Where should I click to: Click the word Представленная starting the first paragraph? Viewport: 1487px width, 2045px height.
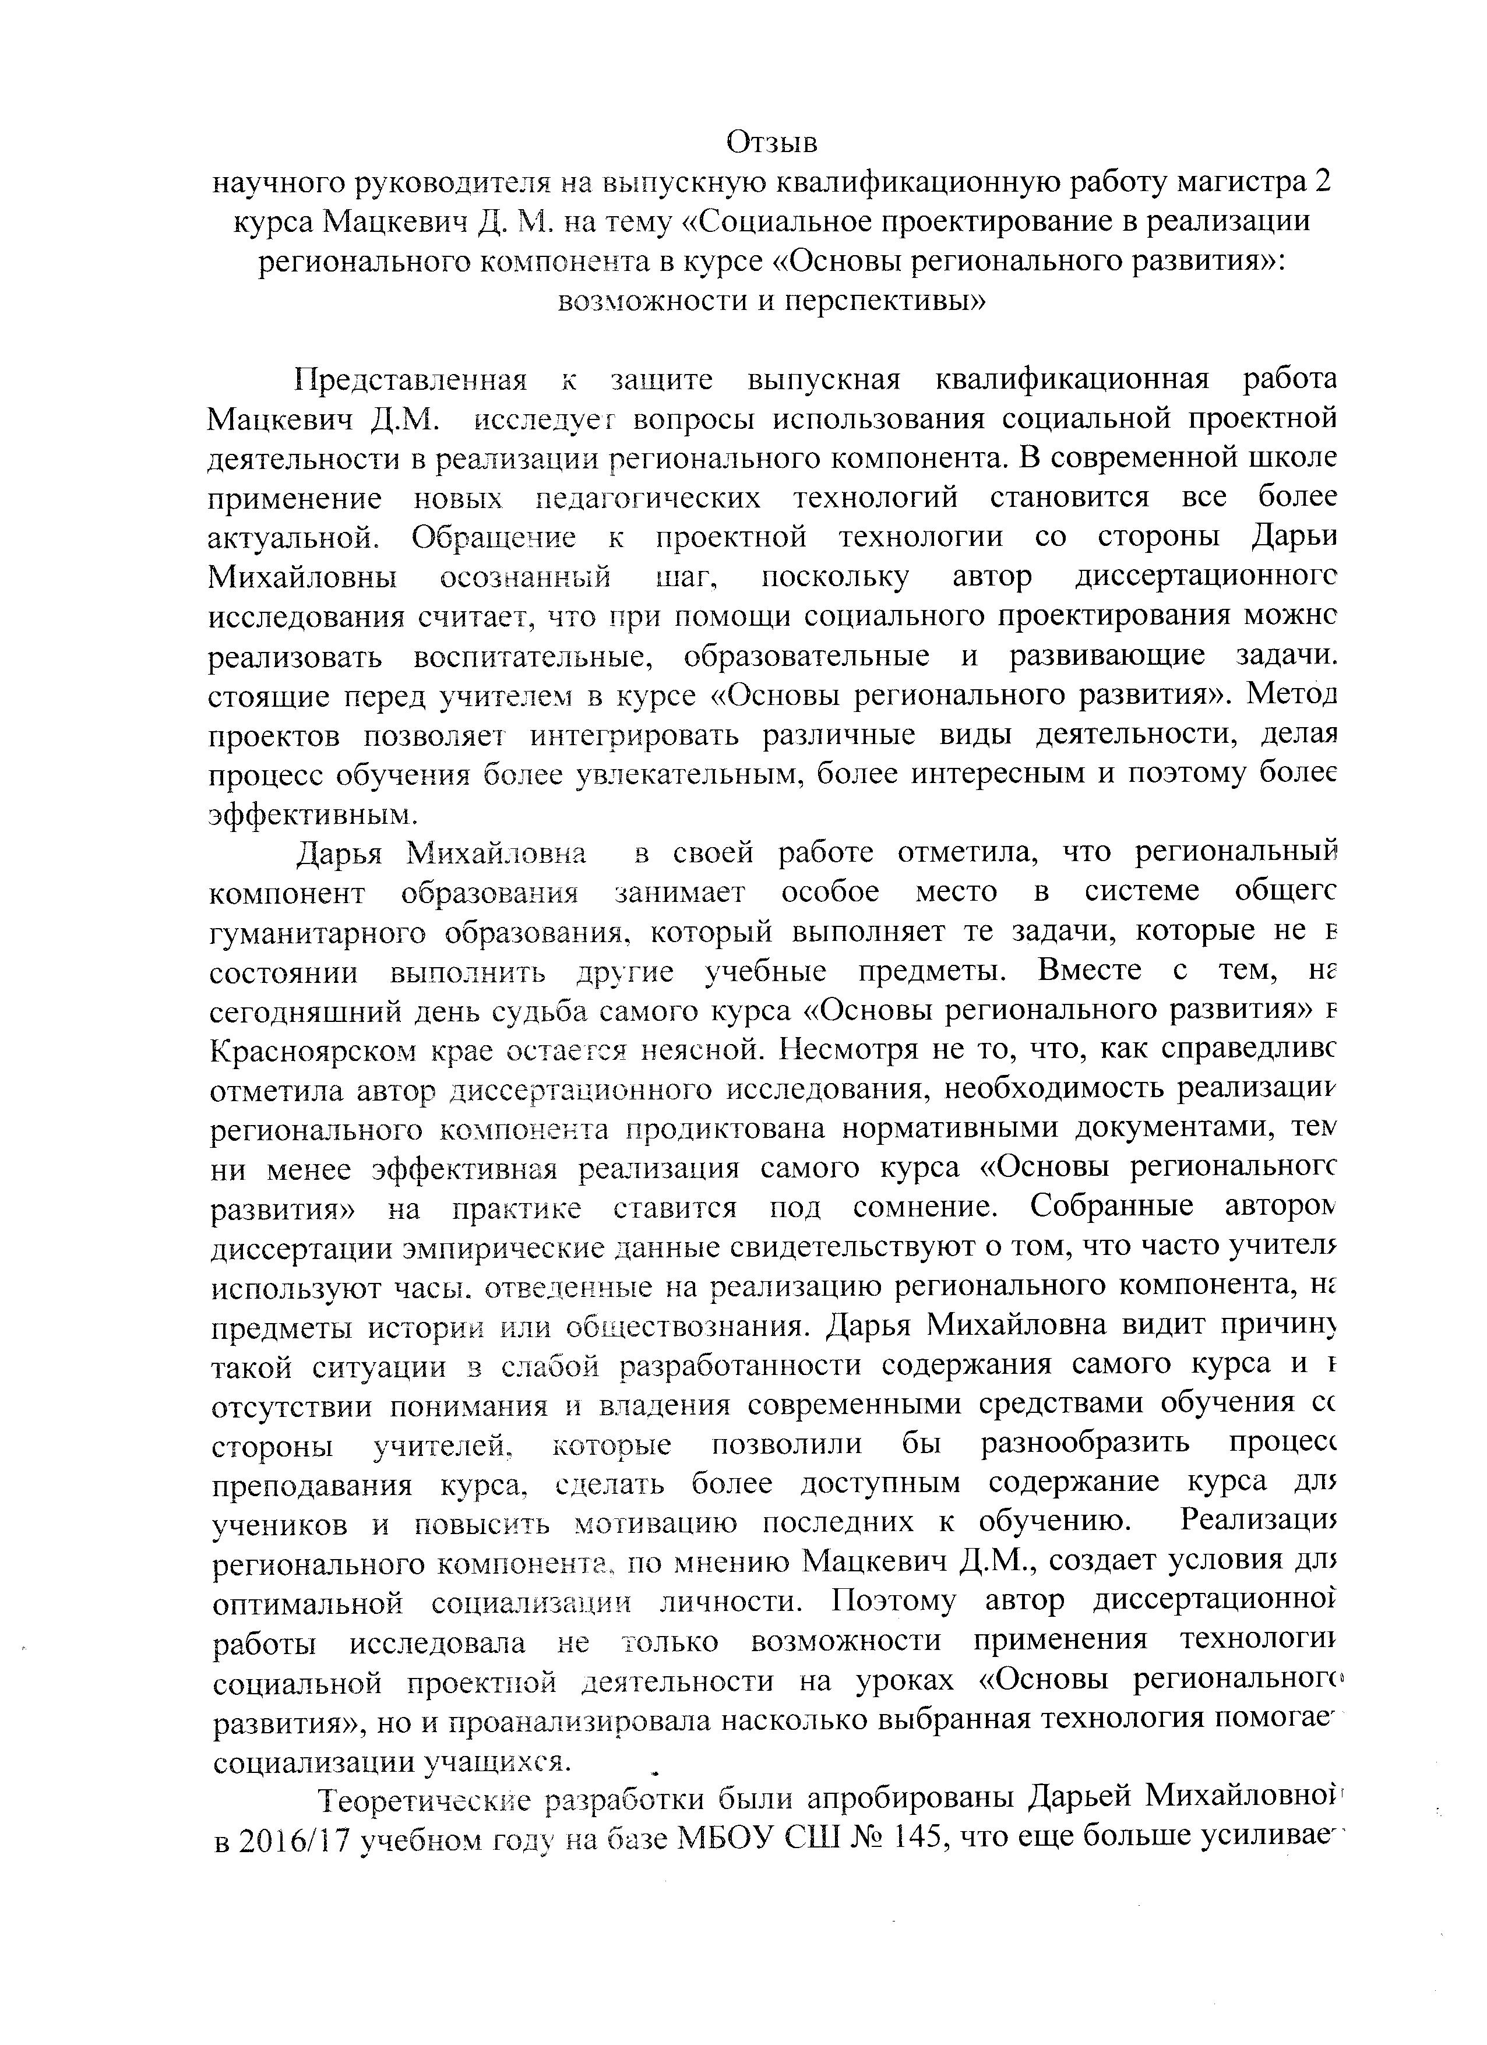point(410,380)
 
